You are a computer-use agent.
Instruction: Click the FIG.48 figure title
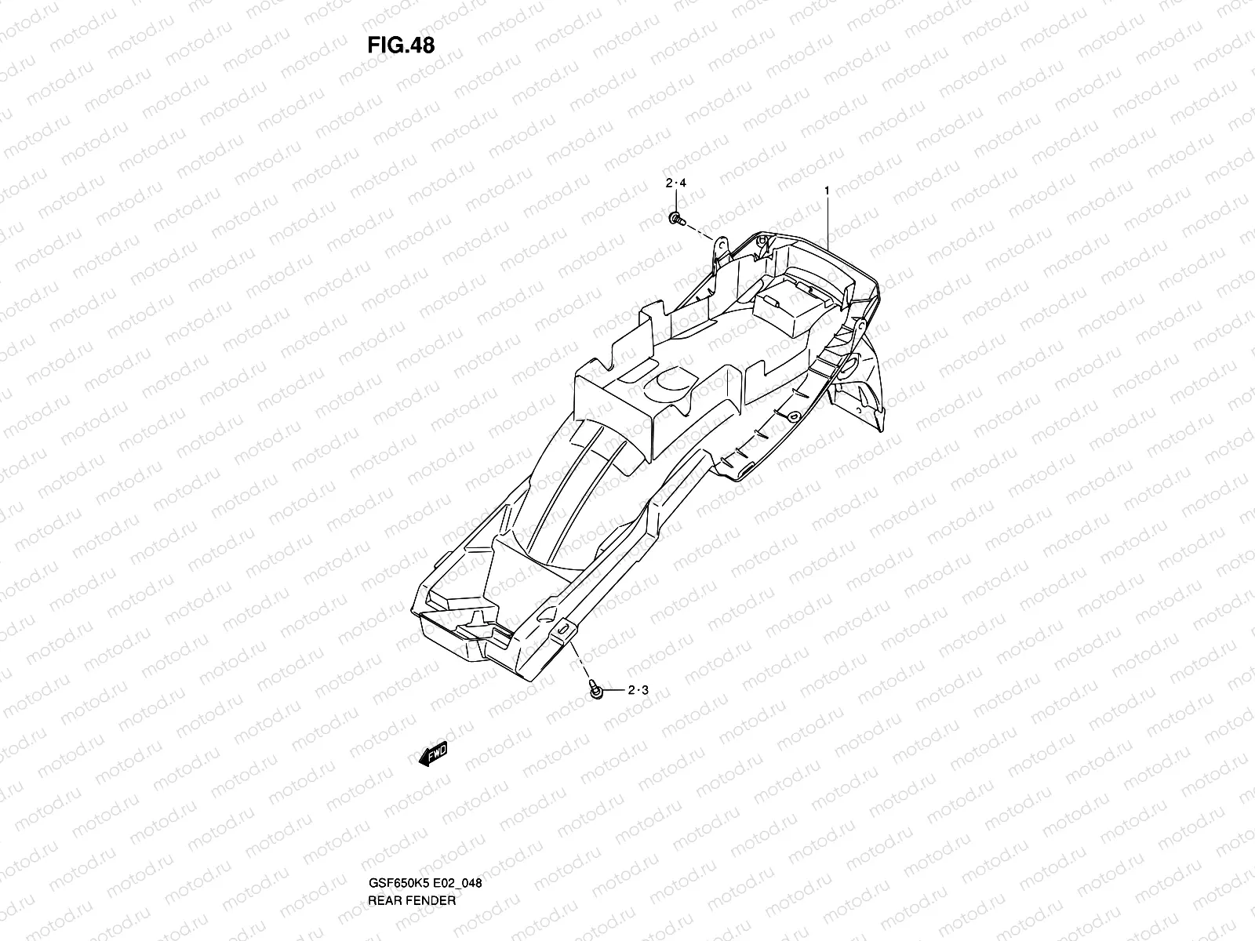400,45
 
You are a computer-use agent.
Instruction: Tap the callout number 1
827,191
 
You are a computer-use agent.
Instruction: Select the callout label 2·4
675,183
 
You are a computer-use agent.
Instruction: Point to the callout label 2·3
638,691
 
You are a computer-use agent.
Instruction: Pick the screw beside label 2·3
595,690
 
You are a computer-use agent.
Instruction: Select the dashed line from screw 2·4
700,231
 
